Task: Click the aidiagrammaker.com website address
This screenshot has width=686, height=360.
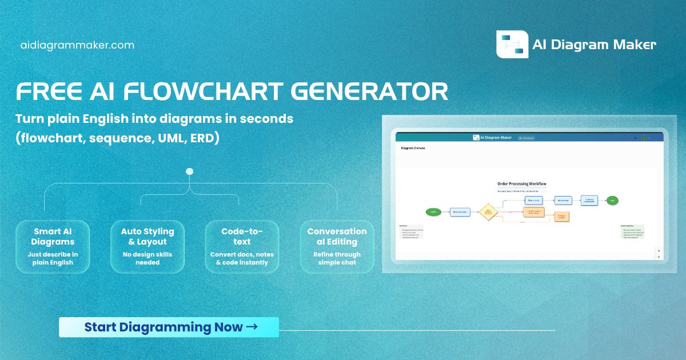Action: tap(77, 45)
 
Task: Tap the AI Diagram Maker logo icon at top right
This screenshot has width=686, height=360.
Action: tap(512, 44)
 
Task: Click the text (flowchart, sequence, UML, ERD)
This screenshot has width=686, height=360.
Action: tap(117, 139)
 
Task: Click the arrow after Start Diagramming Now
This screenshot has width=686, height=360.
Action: tap(251, 327)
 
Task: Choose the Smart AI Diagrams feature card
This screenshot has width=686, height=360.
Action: tap(52, 246)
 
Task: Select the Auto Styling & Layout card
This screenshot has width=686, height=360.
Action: tap(147, 246)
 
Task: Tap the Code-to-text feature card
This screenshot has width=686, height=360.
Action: tap(242, 246)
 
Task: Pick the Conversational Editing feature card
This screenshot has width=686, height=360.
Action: tap(337, 246)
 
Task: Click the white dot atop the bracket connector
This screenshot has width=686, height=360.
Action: tap(190, 171)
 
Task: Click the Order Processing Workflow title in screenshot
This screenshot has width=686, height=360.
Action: tap(521, 184)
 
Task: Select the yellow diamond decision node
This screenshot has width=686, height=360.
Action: tap(488, 212)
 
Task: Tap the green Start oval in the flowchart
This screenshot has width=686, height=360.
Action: tap(433, 212)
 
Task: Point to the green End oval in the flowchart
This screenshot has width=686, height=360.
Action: tap(612, 200)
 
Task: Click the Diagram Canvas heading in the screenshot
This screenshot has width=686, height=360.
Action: tap(413, 148)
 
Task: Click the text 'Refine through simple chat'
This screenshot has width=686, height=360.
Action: tap(337, 258)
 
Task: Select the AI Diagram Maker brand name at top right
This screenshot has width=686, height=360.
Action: tap(594, 45)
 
